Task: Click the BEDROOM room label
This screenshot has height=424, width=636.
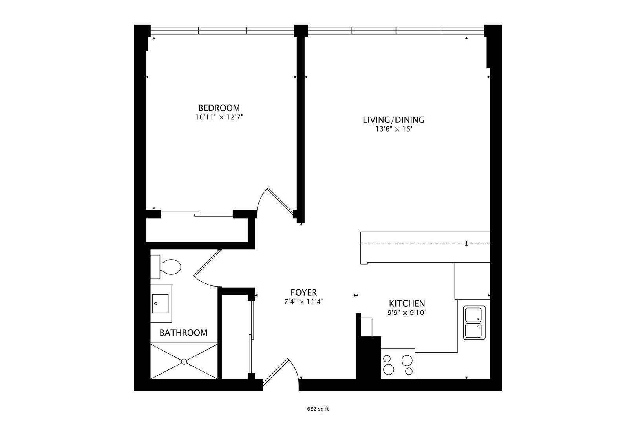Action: [x=219, y=108]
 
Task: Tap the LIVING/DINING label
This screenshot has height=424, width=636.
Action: [x=393, y=120]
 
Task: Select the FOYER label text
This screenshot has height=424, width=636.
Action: [x=303, y=292]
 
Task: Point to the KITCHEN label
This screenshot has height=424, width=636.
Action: [x=407, y=303]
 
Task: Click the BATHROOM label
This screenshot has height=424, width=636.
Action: [x=183, y=333]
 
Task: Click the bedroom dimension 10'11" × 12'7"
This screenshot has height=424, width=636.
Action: [x=219, y=117]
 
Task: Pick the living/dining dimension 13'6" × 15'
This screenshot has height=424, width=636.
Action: [x=393, y=129]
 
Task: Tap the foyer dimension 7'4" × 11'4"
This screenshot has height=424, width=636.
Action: [x=303, y=302]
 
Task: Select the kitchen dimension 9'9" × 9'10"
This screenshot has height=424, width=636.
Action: [x=407, y=313]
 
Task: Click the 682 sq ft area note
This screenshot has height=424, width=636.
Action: [x=318, y=409]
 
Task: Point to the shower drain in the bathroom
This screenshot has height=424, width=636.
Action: [x=184, y=361]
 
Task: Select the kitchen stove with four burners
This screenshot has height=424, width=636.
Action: [x=398, y=364]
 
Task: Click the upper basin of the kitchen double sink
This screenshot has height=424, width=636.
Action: [x=474, y=314]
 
